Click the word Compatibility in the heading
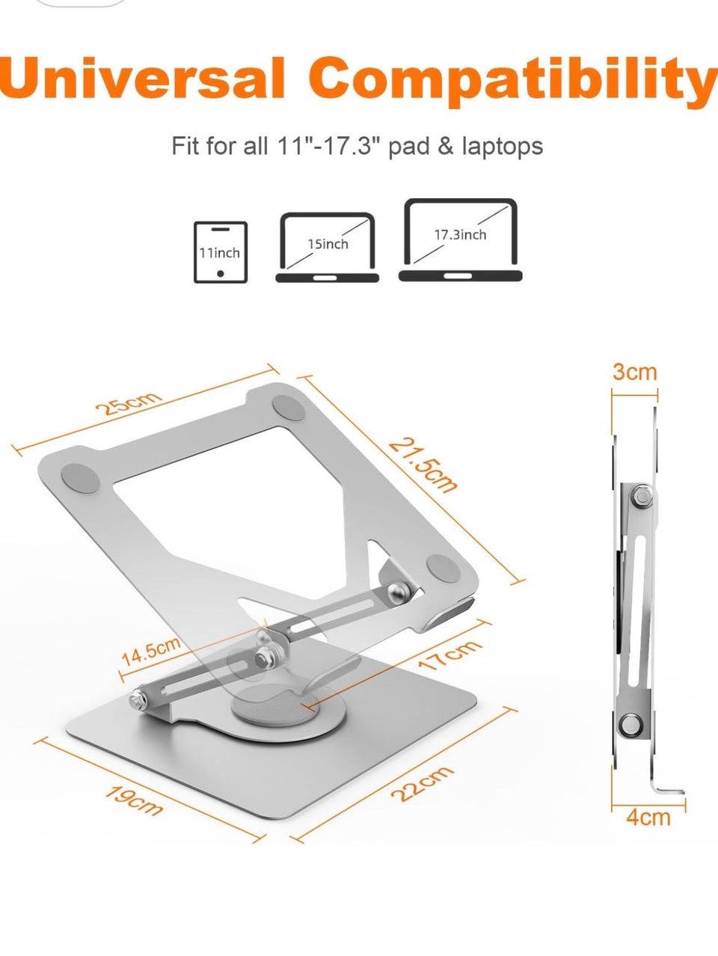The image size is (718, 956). point(513,82)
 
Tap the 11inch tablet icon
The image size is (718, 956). point(221,252)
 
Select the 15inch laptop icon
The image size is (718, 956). point(328,248)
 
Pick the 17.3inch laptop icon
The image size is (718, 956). point(460,240)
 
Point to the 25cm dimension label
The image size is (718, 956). point(129,404)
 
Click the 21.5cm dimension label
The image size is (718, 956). point(423,465)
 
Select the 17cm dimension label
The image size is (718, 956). point(449,659)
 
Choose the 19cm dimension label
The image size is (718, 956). point(134,800)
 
